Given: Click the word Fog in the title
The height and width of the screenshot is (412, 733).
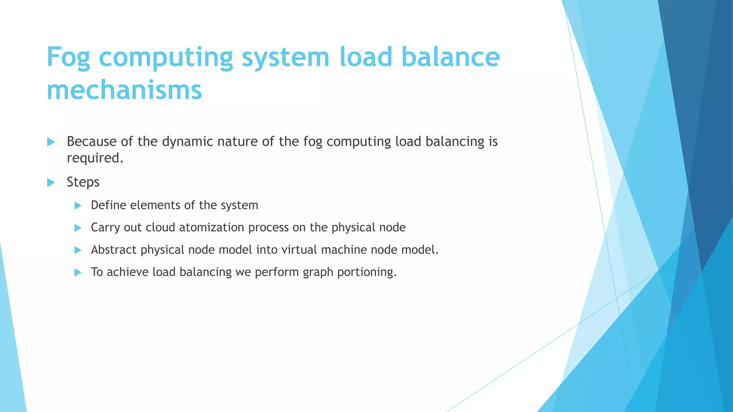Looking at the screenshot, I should tap(68, 57).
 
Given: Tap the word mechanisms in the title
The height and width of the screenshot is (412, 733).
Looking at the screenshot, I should tap(124, 90).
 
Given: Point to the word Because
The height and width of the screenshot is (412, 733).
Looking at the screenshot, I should tap(92, 142).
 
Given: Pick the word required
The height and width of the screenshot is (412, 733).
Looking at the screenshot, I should tap(95, 158).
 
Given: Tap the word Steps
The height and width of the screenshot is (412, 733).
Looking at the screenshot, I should tap(83, 182).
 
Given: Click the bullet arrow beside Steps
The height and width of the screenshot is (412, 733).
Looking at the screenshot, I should tap(51, 183).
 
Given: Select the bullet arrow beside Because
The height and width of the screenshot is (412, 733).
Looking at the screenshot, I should tap(51, 142).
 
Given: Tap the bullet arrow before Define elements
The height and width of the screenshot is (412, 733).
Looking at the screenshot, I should tap(78, 206).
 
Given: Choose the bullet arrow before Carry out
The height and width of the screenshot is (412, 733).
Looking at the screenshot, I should tap(78, 228).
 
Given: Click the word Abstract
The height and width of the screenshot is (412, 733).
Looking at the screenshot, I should tap(113, 250).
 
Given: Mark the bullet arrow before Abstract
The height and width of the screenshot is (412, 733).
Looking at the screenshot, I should tap(78, 250).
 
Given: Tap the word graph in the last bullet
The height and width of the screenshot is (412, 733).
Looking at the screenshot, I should tap(318, 272).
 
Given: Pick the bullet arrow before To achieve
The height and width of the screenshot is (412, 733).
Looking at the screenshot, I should tap(78, 273).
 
